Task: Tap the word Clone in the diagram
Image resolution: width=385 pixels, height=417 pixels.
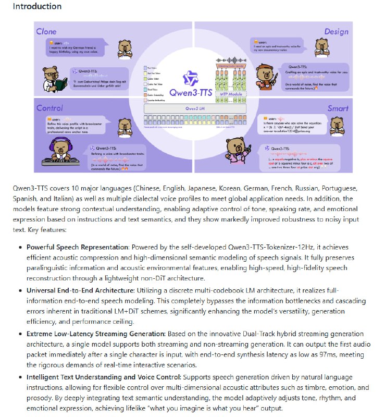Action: [46, 32]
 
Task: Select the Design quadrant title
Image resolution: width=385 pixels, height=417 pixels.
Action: [336, 32]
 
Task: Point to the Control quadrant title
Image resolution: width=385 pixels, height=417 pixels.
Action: [49, 108]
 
